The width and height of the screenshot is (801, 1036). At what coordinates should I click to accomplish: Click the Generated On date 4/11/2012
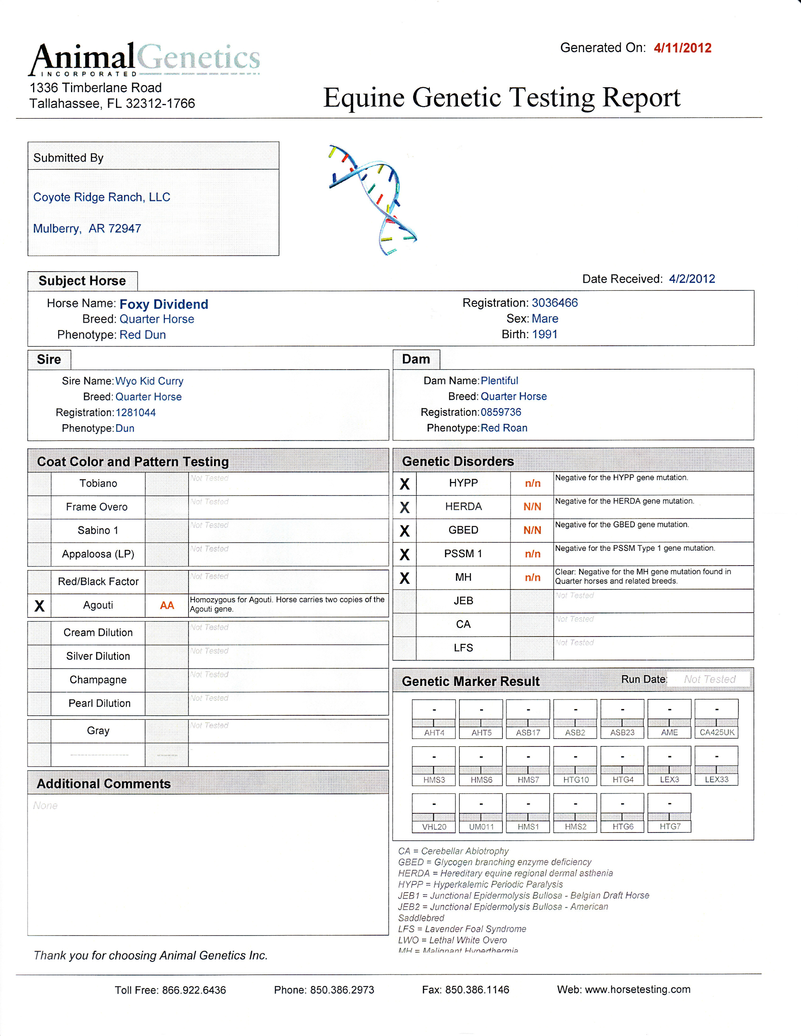coord(682,48)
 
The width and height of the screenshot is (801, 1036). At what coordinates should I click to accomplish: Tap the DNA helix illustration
coord(373,199)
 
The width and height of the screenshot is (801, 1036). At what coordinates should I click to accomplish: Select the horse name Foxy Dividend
coord(164,304)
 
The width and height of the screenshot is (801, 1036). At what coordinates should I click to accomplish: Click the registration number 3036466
coord(555,303)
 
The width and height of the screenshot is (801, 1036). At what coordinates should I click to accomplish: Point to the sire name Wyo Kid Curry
coord(149,381)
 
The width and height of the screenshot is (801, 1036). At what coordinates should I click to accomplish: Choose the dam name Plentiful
coord(499,380)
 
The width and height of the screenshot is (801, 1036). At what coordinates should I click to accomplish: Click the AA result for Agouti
coord(167,605)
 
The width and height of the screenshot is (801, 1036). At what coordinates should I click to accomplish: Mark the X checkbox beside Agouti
coord(39,605)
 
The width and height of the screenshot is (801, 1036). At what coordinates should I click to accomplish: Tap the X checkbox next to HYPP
coord(404,484)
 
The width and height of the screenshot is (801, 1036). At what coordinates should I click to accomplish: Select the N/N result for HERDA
coord(532,507)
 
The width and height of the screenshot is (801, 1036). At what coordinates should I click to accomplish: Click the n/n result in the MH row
coord(532,577)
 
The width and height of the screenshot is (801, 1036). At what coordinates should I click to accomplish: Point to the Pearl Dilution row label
coord(99,703)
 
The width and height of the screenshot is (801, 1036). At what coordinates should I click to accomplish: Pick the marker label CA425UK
coord(717,732)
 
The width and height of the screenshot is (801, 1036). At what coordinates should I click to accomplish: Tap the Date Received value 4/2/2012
coord(692,278)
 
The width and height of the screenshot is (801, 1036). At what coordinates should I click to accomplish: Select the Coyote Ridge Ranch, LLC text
coord(102,197)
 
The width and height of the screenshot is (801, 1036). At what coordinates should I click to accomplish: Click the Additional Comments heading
coord(104,783)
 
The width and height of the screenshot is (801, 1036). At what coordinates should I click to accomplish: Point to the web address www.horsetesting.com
coord(637,989)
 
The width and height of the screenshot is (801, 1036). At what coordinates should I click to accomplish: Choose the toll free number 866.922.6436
coord(194,990)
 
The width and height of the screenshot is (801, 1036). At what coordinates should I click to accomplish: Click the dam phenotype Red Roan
coord(504,428)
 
